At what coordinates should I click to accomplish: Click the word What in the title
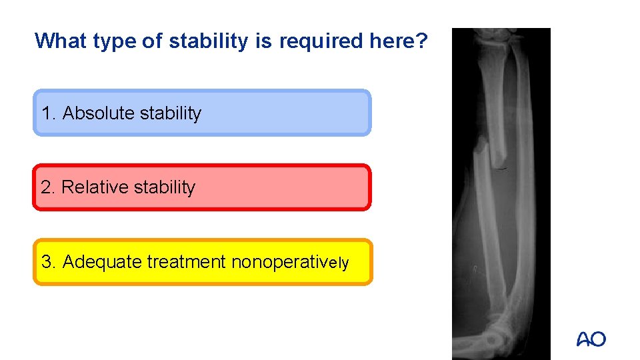61,41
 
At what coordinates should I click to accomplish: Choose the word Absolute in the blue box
99,113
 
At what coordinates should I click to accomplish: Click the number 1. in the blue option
49,113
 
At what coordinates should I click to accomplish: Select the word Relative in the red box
95,187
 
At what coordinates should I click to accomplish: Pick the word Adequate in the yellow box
102,262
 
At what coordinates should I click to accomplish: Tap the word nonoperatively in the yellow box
290,262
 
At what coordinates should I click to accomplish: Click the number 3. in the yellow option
49,262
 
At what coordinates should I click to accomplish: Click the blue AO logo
591,339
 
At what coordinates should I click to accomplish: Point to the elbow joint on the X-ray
500,333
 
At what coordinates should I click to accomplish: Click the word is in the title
263,41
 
